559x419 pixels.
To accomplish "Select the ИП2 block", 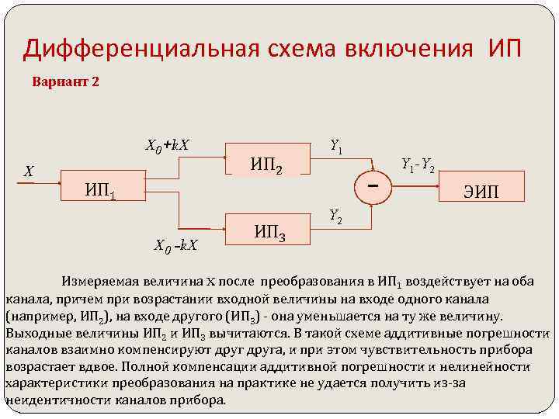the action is pos(266,164).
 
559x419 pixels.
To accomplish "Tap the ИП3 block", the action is pos(269,231).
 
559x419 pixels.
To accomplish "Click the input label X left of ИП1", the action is pos(28,172).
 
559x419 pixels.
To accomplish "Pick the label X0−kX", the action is pos(176,247).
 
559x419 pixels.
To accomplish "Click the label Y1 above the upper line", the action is pos(337,144).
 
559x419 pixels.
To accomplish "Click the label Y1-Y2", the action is pos(417,164).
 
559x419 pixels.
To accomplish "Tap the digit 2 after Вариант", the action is pos(95,81).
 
